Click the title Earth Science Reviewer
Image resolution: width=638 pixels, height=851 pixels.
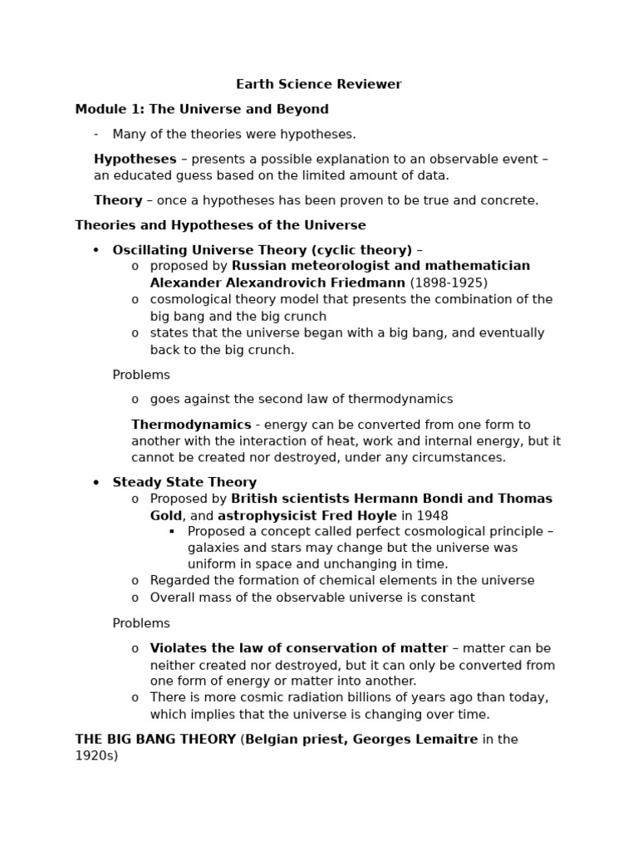318,84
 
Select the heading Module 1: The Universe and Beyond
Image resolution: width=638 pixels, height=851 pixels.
202,109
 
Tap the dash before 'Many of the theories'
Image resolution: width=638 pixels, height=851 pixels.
96,134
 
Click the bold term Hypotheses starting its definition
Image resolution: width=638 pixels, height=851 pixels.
135,159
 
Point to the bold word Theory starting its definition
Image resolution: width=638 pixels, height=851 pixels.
118,200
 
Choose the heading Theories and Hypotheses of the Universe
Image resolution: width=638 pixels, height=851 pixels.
220,225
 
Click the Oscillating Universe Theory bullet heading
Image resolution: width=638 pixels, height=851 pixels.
263,250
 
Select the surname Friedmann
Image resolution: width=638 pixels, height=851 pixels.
366,283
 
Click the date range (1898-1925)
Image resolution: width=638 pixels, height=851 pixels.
449,283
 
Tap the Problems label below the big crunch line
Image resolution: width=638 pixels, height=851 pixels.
141,375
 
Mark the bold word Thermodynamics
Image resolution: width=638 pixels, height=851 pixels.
191,425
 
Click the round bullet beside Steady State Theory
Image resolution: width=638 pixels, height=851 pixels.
96,483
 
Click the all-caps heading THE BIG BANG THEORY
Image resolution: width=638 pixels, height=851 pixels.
155,739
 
